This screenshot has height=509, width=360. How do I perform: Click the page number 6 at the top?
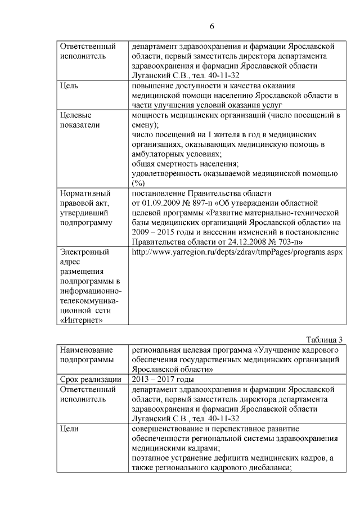pyautogui.click(x=212, y=26)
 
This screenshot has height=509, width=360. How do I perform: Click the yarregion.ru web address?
pyautogui.click(x=236, y=252)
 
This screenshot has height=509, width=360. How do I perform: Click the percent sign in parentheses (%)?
pyautogui.click(x=138, y=183)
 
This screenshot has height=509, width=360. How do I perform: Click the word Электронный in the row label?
pyautogui.click(x=84, y=252)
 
